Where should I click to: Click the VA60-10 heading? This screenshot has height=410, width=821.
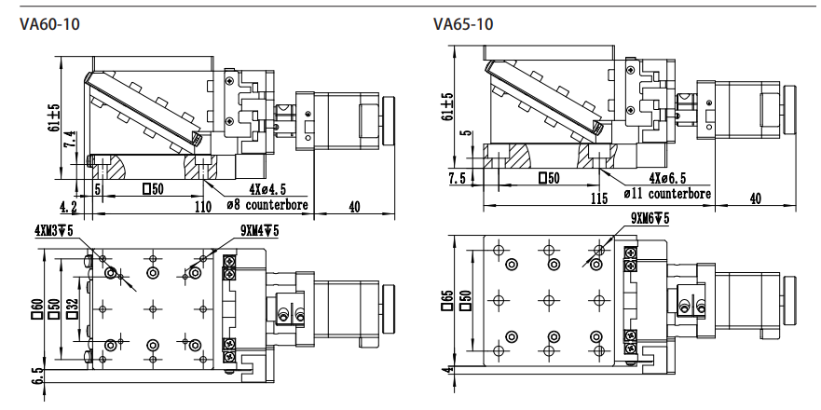[49, 24]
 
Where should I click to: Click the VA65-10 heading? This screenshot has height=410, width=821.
[463, 24]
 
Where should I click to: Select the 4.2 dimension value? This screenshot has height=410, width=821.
[68, 208]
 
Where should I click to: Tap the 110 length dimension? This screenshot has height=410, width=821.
[203, 207]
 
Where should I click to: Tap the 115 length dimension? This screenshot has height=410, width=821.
[599, 199]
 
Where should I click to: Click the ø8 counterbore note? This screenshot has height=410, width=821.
[267, 204]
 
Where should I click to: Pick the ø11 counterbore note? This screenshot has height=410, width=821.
[667, 194]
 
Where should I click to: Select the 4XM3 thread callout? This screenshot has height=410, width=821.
[53, 230]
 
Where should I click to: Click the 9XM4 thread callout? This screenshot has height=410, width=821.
[260, 230]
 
